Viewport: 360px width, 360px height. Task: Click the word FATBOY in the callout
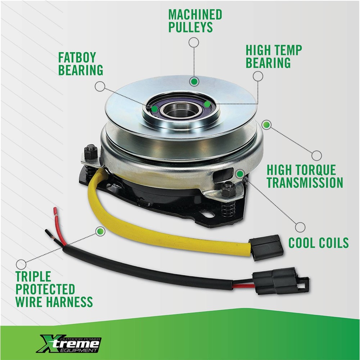(77, 57)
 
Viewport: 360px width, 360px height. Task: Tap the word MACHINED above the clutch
(195, 14)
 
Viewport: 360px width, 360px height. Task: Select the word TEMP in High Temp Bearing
(288, 50)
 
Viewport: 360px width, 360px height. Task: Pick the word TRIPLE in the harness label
(33, 276)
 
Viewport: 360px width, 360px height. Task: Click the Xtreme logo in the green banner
(69, 343)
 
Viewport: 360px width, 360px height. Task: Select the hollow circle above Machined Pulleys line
(194, 42)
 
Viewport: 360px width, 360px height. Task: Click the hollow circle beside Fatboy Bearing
(100, 86)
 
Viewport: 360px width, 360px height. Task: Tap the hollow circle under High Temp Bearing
(258, 76)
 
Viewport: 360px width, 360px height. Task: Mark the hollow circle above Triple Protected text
(21, 265)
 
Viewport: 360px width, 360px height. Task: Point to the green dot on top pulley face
(194, 81)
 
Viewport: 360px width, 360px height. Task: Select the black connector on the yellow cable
(266, 248)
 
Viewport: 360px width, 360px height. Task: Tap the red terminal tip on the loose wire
(55, 211)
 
